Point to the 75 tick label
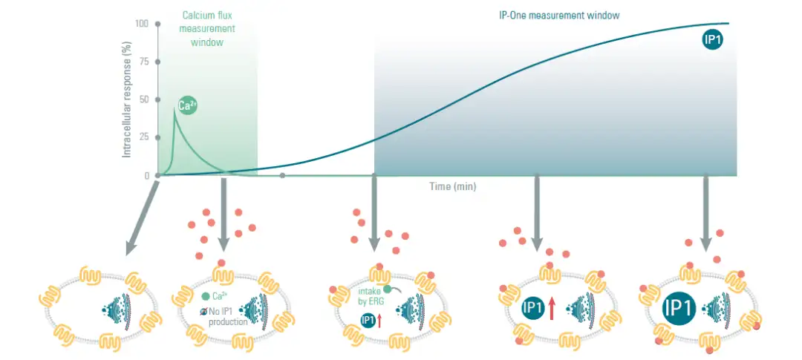[144, 62]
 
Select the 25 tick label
[144, 137]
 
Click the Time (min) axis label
[453, 186]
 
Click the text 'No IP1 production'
[227, 318]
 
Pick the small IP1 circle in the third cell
[368, 319]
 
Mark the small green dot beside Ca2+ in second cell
[205, 296]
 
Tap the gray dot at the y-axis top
[157, 24]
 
